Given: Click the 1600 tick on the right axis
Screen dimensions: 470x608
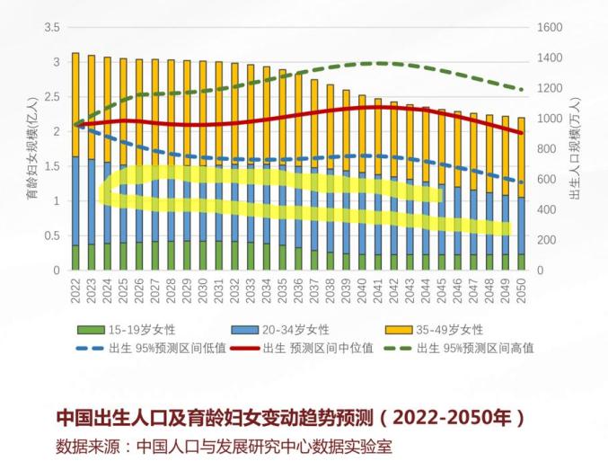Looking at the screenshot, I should click(x=551, y=28).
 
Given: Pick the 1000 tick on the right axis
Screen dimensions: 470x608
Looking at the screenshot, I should click(x=551, y=119).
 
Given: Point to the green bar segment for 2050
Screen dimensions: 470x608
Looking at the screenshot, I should click(x=521, y=262).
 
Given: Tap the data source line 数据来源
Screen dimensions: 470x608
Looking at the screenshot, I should click(x=225, y=446).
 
